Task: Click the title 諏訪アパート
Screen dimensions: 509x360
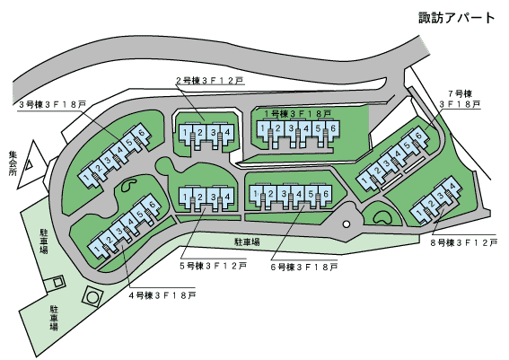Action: tap(456, 18)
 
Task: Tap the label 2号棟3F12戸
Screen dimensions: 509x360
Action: tap(210, 81)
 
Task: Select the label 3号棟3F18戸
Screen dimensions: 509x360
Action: tap(53, 104)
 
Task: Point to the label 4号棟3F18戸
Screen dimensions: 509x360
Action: tap(162, 295)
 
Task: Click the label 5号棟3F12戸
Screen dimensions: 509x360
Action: tap(214, 266)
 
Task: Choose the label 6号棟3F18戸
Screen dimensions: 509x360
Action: tap(304, 268)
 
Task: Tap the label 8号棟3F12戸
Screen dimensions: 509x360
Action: tap(464, 242)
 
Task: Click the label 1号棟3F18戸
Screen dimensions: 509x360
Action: tap(298, 114)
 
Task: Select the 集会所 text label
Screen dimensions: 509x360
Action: tap(13, 163)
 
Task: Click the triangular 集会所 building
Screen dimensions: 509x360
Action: tap(30, 164)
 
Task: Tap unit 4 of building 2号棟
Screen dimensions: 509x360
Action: tap(227, 133)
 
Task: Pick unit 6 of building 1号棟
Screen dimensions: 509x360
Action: tap(333, 129)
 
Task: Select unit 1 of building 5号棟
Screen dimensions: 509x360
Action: tap(185, 197)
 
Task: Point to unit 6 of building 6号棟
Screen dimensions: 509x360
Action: tap(326, 195)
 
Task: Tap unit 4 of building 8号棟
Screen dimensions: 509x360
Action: tap(452, 187)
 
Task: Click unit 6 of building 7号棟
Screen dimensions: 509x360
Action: tap(418, 136)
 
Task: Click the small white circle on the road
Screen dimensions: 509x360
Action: tap(347, 224)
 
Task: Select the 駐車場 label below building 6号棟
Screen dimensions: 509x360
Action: tap(247, 241)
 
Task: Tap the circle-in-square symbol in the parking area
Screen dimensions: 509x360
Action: tap(92, 296)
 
